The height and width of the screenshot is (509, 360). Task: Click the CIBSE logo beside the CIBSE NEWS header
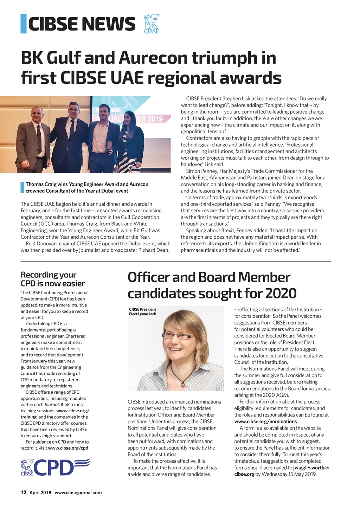(152, 24)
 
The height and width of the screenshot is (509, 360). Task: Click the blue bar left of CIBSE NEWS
(24, 24)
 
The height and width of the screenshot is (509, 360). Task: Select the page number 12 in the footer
(24, 492)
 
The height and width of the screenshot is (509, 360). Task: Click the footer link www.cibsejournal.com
(78, 492)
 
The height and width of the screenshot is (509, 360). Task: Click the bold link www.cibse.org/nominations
(265, 421)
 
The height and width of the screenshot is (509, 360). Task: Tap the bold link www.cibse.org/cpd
(68, 448)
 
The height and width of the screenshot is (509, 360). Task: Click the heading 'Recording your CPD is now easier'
(53, 279)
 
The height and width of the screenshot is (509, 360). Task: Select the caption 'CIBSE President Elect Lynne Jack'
(142, 311)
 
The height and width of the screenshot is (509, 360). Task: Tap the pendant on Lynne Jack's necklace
(182, 385)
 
